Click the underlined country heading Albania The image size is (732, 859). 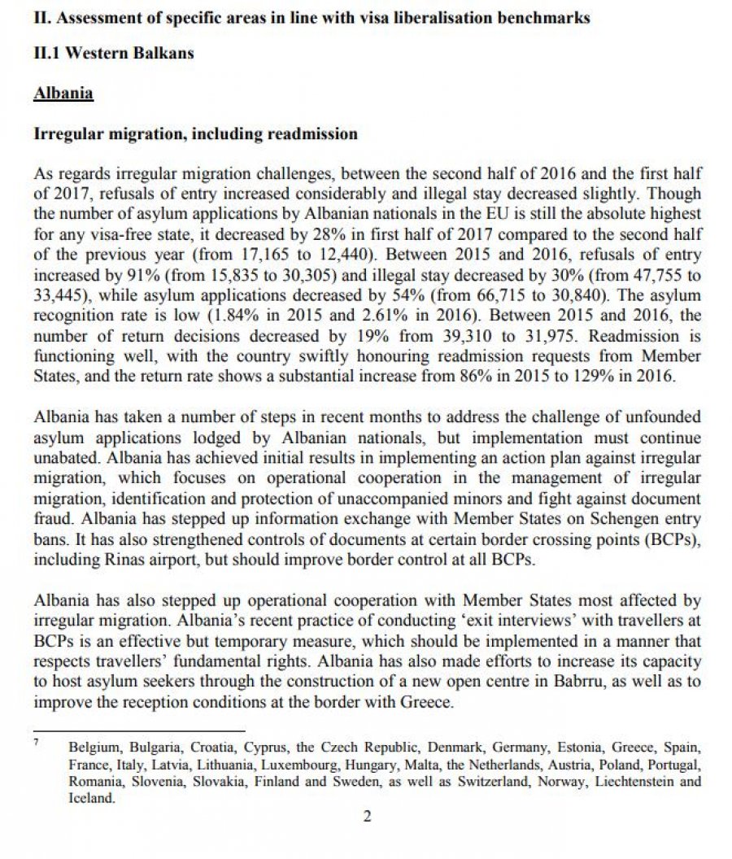(63, 94)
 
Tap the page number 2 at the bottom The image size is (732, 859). (367, 818)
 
